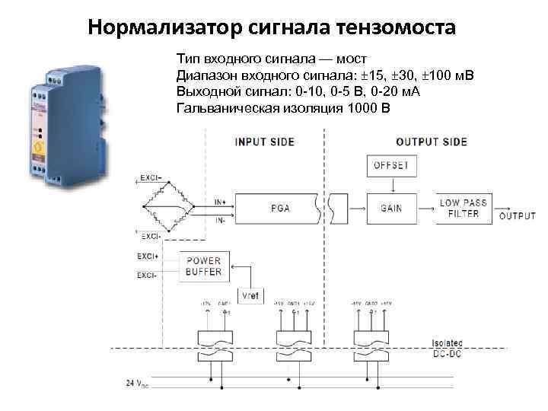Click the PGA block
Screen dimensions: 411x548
tap(279, 208)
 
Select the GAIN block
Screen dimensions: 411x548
tap(390, 208)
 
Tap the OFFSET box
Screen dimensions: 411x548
tap(390, 165)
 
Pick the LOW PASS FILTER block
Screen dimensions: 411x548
tap(463, 208)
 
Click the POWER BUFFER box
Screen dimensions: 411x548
tap(203, 266)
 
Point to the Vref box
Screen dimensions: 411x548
tap(250, 295)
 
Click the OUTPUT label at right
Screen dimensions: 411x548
tap(518, 216)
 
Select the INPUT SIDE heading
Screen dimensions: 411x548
tap(263, 142)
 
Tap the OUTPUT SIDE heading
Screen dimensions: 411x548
tap(432, 142)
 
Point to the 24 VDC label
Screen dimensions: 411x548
tap(137, 383)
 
